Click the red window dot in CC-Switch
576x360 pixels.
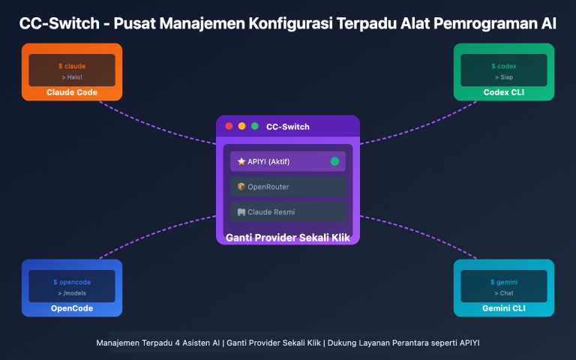point(229,126)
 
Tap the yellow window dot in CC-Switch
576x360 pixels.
point(242,126)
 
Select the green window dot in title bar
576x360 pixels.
point(255,126)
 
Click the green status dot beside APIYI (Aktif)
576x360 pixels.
point(334,161)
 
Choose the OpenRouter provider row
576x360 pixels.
point(288,187)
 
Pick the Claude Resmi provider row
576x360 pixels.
point(288,212)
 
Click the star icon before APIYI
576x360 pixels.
point(241,161)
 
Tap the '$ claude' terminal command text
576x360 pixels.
point(72,66)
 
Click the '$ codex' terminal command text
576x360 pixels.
point(504,66)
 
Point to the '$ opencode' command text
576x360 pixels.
point(72,282)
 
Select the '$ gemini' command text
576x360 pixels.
point(504,282)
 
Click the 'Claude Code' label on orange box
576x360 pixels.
point(72,93)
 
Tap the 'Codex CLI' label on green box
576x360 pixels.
point(504,93)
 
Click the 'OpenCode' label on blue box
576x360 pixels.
point(72,309)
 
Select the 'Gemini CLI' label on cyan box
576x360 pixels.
point(504,309)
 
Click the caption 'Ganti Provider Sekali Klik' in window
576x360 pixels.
point(288,238)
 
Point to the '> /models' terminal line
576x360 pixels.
point(72,292)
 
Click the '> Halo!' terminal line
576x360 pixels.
point(72,76)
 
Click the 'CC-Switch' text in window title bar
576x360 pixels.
point(288,127)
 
